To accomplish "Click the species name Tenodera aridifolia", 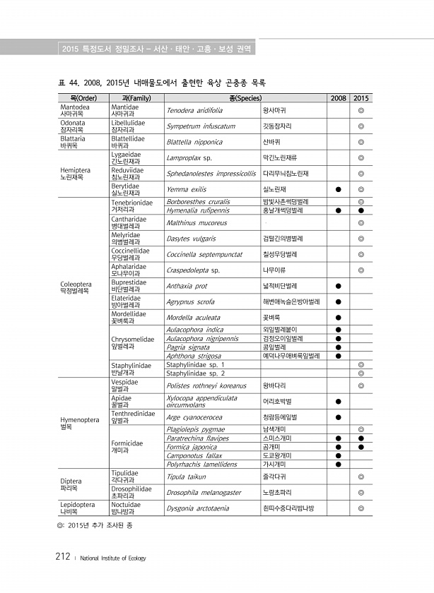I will tap(194, 111).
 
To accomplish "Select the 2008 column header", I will tap(338, 97).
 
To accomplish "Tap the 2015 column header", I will tap(361, 97).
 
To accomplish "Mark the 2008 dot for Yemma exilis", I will tap(338, 189).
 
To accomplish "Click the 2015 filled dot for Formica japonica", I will tap(361, 447).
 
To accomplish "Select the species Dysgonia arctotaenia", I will tap(198, 508).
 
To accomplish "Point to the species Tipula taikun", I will tap(186, 476).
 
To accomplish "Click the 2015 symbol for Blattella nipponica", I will tap(361, 142).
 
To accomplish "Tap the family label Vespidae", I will tap(124, 382).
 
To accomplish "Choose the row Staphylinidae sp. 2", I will tap(195, 373).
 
